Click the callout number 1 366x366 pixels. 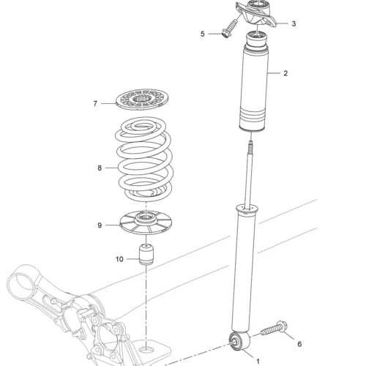258,361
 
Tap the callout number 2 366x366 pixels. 285,73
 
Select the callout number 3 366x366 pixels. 294,23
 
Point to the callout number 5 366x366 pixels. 203,34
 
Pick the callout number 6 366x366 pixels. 299,344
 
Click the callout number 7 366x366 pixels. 95,104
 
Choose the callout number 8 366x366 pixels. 100,168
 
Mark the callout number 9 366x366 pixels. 100,225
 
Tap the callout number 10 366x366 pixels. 119,259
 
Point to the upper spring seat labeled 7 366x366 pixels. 143,100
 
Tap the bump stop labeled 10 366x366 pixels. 146,254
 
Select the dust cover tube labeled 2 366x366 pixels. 254,83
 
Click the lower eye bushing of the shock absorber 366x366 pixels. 239,341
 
